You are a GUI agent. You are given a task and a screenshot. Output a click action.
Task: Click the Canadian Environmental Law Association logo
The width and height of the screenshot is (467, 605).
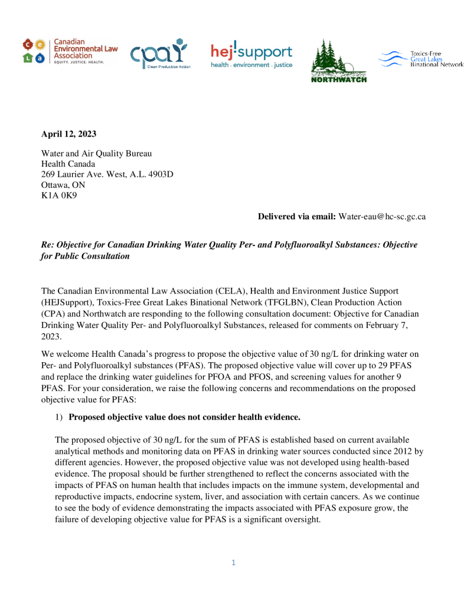[x=64, y=51]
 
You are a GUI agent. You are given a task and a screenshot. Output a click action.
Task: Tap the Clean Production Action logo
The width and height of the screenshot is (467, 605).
[x=160, y=54]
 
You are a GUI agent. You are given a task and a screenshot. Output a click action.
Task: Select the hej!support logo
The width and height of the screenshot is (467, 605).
[x=252, y=56]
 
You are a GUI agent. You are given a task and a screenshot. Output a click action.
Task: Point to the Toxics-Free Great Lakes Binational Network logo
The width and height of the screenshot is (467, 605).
[x=420, y=58]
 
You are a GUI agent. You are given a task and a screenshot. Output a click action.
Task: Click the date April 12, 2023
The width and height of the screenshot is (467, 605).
[x=68, y=134]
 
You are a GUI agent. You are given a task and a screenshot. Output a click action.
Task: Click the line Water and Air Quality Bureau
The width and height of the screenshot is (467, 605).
[x=96, y=154]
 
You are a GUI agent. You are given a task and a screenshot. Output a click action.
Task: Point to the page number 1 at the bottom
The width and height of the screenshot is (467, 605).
[x=233, y=562]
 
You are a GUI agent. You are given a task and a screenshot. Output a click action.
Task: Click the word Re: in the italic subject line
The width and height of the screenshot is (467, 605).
[x=47, y=245]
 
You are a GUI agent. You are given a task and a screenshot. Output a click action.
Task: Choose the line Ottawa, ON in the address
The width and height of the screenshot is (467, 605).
[x=63, y=185]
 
